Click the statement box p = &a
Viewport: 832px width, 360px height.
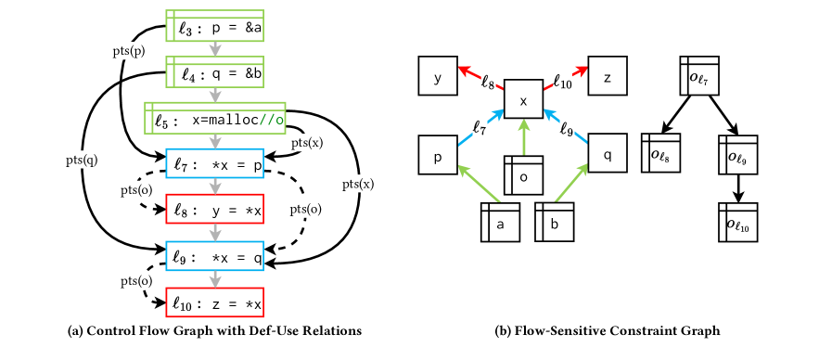click(x=214, y=27)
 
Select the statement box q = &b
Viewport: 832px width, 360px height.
click(x=214, y=72)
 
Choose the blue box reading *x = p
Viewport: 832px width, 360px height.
click(x=214, y=164)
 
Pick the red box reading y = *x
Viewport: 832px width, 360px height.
click(x=214, y=209)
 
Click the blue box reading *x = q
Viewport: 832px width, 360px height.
click(x=214, y=257)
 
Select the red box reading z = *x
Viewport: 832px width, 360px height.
click(x=214, y=302)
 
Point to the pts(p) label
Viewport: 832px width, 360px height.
click(x=129, y=51)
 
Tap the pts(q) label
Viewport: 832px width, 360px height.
click(x=82, y=161)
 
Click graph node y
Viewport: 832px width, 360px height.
click(x=438, y=76)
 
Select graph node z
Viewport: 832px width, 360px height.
click(x=608, y=76)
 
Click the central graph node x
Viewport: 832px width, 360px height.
click(x=523, y=100)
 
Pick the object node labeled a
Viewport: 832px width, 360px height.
click(x=500, y=223)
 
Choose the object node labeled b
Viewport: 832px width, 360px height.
click(x=555, y=223)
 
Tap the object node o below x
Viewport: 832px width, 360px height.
click(x=523, y=175)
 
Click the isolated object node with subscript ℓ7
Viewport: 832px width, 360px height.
click(x=699, y=76)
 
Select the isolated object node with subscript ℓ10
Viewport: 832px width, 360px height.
click(x=738, y=223)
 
